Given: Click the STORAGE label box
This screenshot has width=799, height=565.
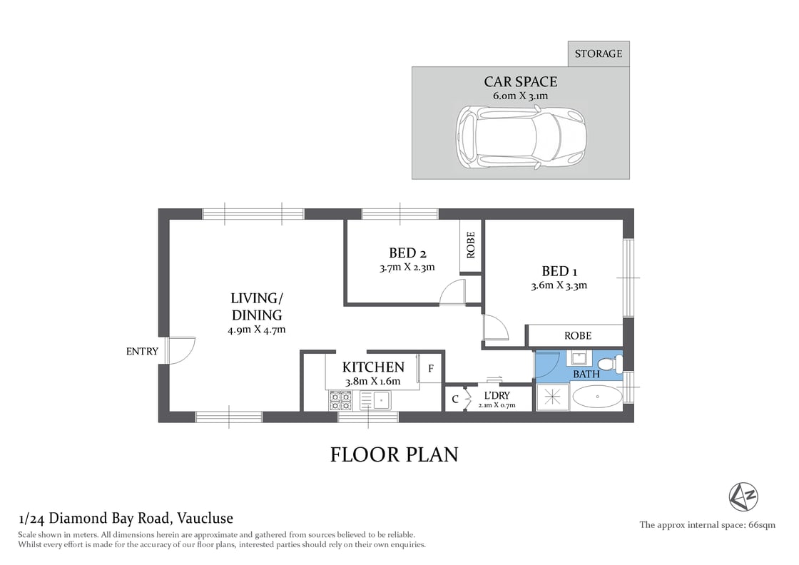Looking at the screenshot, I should point(599,54).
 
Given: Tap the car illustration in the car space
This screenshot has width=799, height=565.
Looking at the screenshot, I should point(521,137).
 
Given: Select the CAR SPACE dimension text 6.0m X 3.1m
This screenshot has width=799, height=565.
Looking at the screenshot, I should point(520,96).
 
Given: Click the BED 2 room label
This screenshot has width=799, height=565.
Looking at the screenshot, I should point(407,253).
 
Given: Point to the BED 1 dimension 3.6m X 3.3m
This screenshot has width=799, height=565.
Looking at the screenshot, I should point(559,285).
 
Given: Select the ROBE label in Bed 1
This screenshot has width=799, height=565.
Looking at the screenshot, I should point(578,335).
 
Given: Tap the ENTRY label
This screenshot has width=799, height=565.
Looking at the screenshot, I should point(142,351).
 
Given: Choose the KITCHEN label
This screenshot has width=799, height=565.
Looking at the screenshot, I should point(373,367).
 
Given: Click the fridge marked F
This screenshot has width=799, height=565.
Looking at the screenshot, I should point(431,369).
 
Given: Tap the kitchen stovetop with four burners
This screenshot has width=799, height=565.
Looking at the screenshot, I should point(340,400).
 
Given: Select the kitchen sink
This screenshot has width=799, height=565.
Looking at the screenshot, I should point(382,400).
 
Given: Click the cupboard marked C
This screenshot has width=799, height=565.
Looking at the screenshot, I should point(454,399).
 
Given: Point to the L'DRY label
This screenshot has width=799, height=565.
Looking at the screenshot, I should point(497,396).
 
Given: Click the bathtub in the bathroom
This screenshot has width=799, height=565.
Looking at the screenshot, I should point(597,397).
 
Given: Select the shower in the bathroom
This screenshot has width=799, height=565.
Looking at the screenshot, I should point(552,397).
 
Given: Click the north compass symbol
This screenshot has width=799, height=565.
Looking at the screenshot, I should point(743,497).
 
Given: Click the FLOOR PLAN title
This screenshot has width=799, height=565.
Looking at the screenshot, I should point(394,454).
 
